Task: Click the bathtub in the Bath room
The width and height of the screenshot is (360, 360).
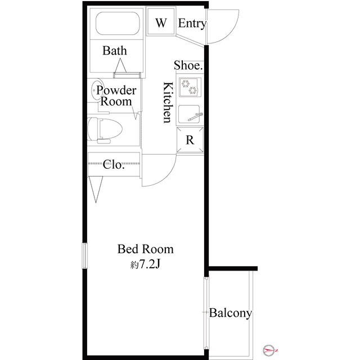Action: pyautogui.click(x=118, y=24)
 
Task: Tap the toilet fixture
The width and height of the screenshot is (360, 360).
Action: pyautogui.click(x=105, y=130)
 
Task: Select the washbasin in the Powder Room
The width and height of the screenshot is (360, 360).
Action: pyautogui.click(x=96, y=90)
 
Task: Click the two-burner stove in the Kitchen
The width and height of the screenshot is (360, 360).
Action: pyautogui.click(x=190, y=87)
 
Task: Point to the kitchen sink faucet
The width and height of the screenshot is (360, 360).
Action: pyautogui.click(x=195, y=116)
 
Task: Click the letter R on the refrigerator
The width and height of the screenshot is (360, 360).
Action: pyautogui.click(x=190, y=140)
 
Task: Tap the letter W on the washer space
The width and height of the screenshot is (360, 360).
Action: pyautogui.click(x=161, y=22)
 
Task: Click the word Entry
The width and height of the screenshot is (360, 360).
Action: pyautogui.click(x=192, y=24)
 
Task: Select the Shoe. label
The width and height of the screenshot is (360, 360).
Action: pyautogui.click(x=188, y=65)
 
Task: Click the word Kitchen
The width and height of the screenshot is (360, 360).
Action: pyautogui.click(x=168, y=102)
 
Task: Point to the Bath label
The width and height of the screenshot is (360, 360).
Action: pyautogui.click(x=115, y=51)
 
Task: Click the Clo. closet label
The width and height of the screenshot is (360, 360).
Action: pyautogui.click(x=114, y=164)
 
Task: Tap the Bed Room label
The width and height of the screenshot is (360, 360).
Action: pyautogui.click(x=146, y=249)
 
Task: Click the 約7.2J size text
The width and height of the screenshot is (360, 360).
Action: pyautogui.click(x=145, y=265)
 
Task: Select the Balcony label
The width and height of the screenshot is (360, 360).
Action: pyautogui.click(x=230, y=313)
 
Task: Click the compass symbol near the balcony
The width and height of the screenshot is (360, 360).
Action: pyautogui.click(x=269, y=350)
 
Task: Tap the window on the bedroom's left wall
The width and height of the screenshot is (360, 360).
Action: pyautogui.click(x=85, y=255)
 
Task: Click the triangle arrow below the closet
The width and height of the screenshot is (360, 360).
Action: pyautogui.click(x=96, y=190)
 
